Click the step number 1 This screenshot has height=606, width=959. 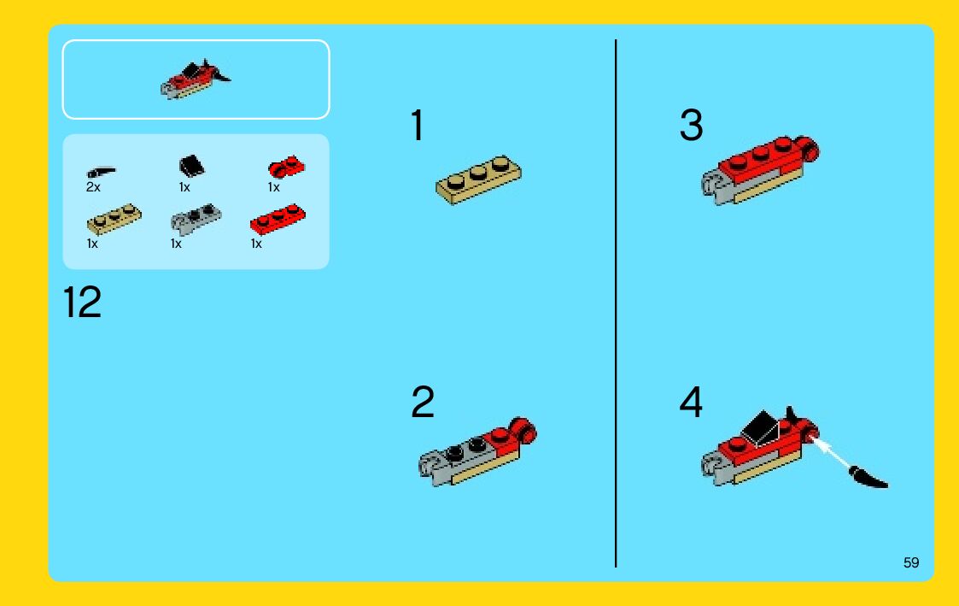[418, 126]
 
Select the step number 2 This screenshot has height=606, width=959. [423, 403]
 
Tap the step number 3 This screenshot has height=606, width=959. [691, 125]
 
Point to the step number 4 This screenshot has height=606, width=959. [691, 403]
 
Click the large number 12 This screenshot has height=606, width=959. [82, 302]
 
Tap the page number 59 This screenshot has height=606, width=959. [911, 562]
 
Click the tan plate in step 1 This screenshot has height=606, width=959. [478, 179]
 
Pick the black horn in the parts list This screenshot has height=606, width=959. [102, 172]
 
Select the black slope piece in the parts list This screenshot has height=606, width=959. [191, 166]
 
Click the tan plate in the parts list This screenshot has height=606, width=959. [114, 219]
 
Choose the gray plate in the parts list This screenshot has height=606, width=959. [196, 219]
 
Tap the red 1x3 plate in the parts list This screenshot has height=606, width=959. [278, 219]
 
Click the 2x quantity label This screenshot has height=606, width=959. [93, 187]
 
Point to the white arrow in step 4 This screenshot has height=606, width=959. [830, 452]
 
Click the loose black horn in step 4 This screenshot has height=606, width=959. [868, 478]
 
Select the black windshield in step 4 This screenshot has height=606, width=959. [760, 427]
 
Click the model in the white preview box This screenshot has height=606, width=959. [196, 79]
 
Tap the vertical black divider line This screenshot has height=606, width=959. [616, 303]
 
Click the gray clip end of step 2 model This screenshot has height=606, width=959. [432, 468]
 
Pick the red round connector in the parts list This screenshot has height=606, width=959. [286, 167]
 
